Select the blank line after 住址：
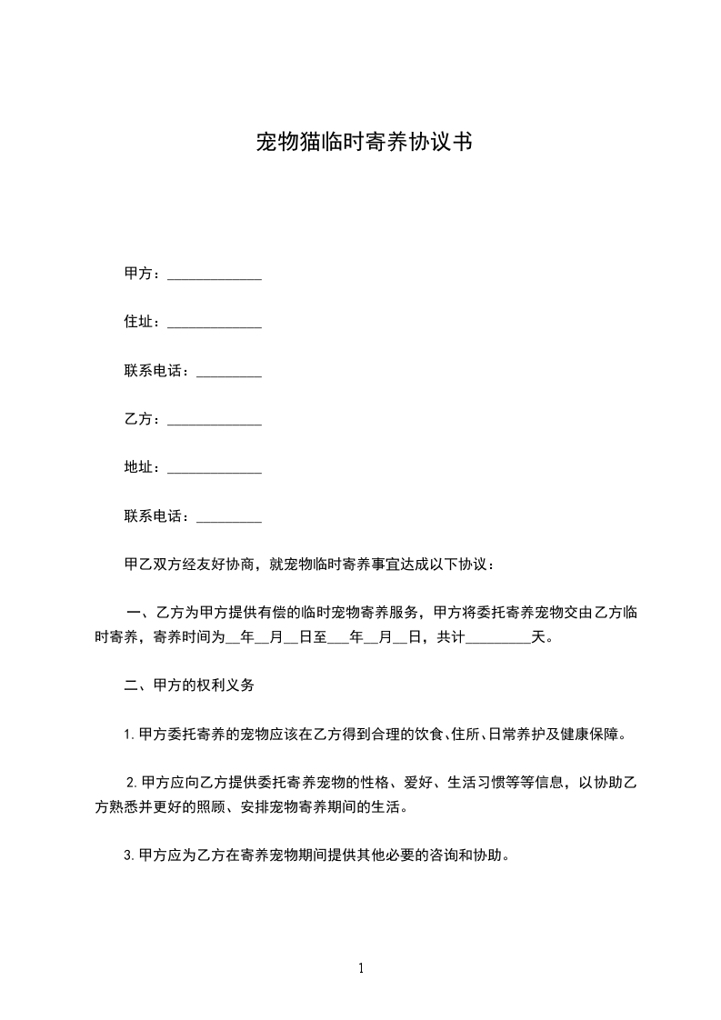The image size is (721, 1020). (215, 324)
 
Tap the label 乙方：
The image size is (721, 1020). (144, 419)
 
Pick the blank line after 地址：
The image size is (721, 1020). (215, 469)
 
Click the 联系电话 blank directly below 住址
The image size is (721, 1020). (229, 373)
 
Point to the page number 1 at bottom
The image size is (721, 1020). (361, 969)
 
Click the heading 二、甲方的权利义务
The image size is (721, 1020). (188, 685)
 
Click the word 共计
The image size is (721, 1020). (451, 636)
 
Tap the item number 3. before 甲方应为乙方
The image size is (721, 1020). (129, 856)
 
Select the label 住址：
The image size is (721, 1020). (144, 322)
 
